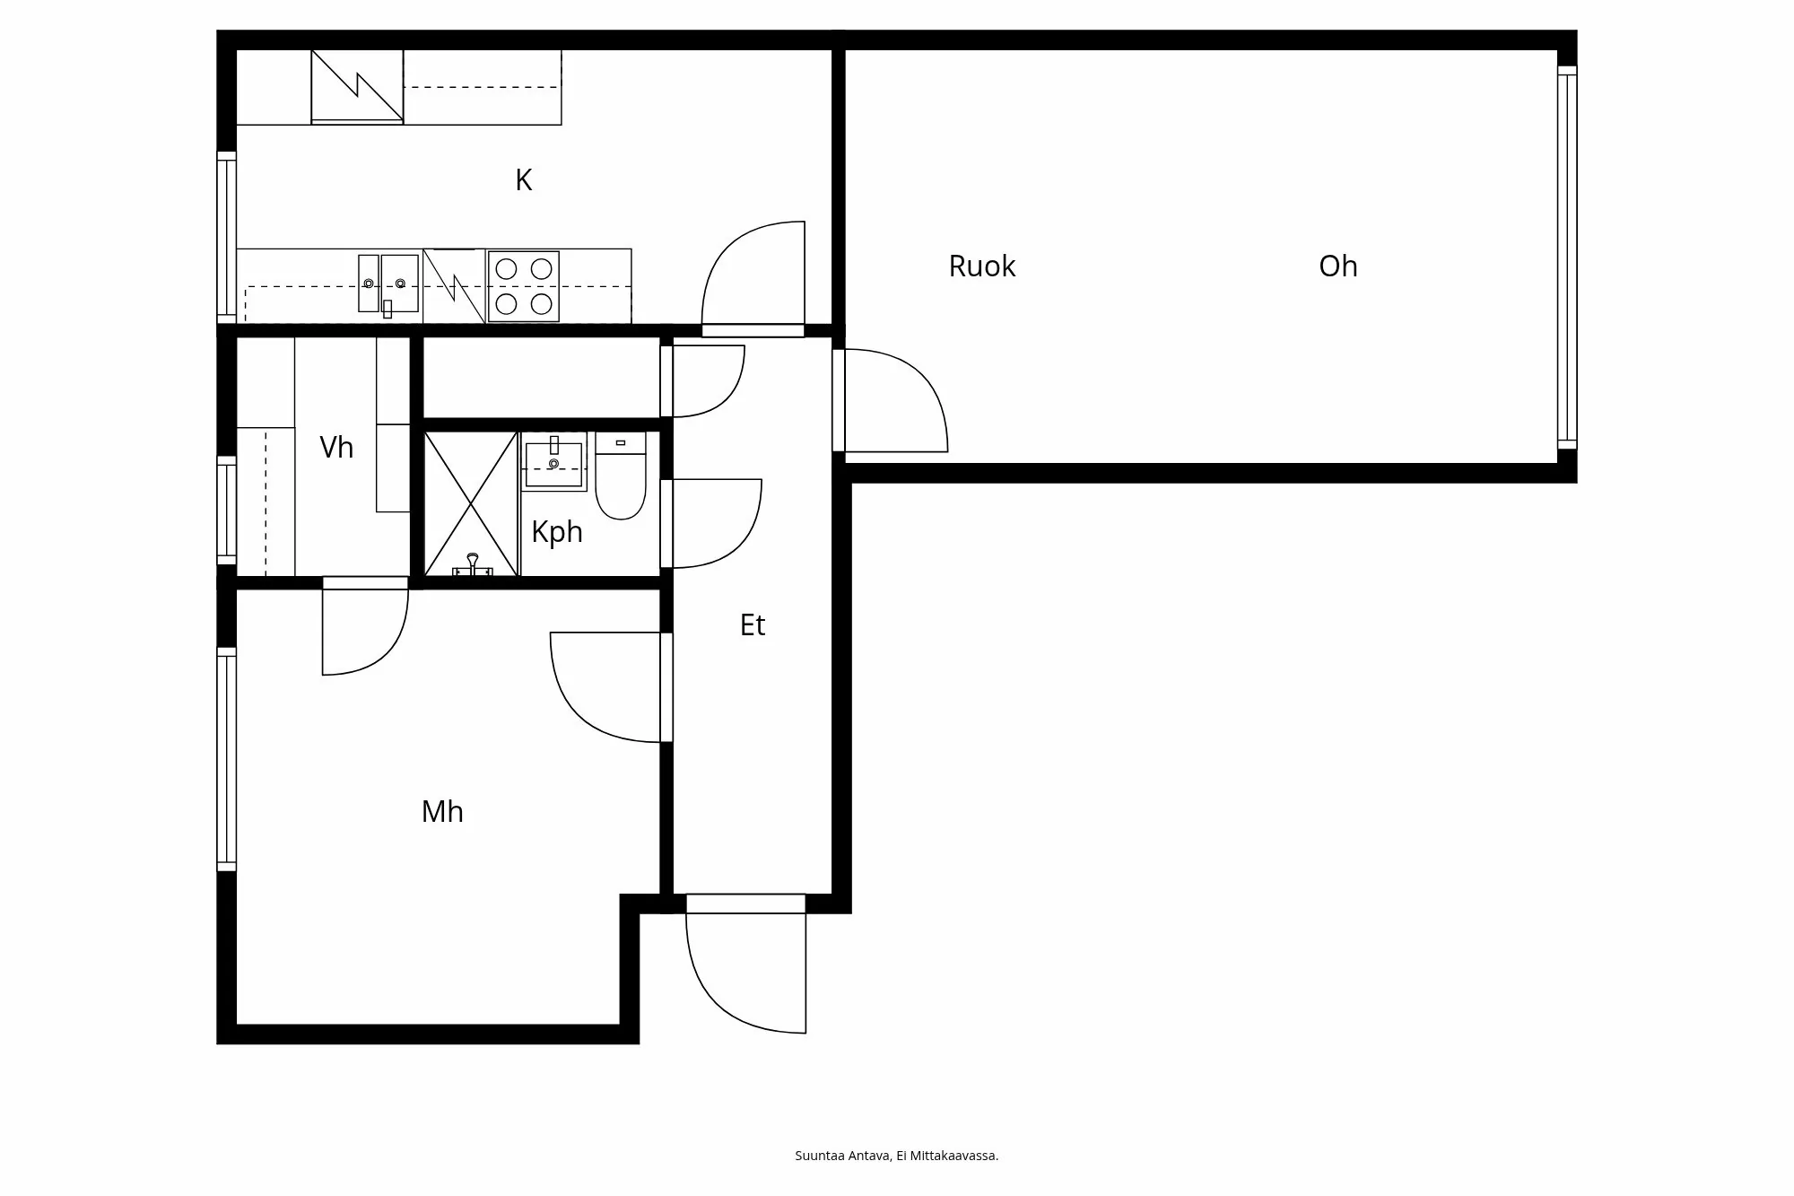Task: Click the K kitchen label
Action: (524, 180)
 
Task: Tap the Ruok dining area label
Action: (981, 266)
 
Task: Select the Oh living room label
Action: (1337, 266)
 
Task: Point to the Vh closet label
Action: (336, 448)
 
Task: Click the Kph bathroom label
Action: (556, 532)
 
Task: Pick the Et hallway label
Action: (752, 625)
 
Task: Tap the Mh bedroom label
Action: (442, 812)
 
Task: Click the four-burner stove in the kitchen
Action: (524, 286)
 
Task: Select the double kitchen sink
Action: (388, 284)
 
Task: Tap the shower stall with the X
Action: (471, 504)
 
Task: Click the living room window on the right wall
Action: (1566, 257)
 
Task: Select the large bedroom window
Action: (227, 759)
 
